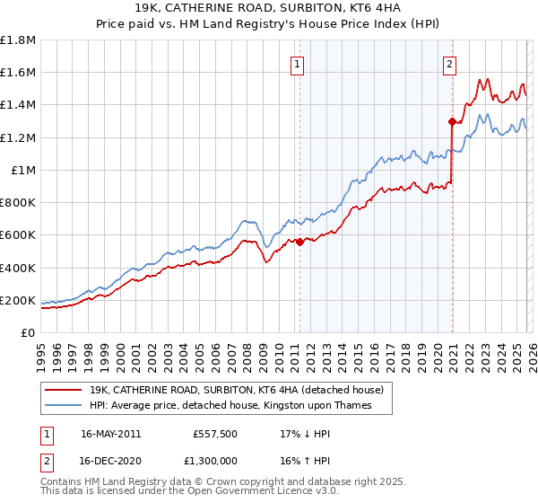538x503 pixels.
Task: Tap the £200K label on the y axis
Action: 18,300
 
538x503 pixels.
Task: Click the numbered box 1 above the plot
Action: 297,64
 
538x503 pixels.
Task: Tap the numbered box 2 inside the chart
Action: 448,64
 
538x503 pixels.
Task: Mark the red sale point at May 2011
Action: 299,242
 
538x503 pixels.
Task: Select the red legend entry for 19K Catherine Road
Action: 237,390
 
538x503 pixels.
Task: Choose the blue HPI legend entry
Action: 230,405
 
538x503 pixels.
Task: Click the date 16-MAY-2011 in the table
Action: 110,433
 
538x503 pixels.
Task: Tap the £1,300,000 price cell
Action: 213,460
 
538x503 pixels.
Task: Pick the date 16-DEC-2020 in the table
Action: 110,460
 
